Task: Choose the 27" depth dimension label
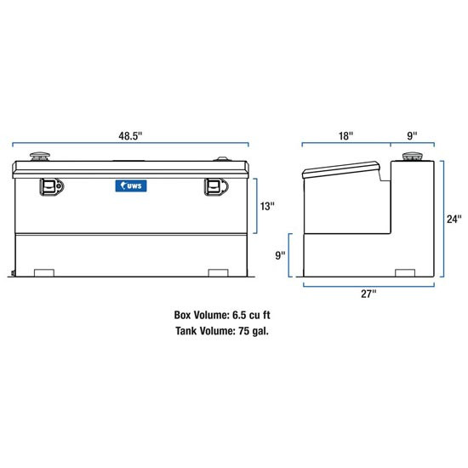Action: (x=368, y=294)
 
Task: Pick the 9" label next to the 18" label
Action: (x=411, y=134)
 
